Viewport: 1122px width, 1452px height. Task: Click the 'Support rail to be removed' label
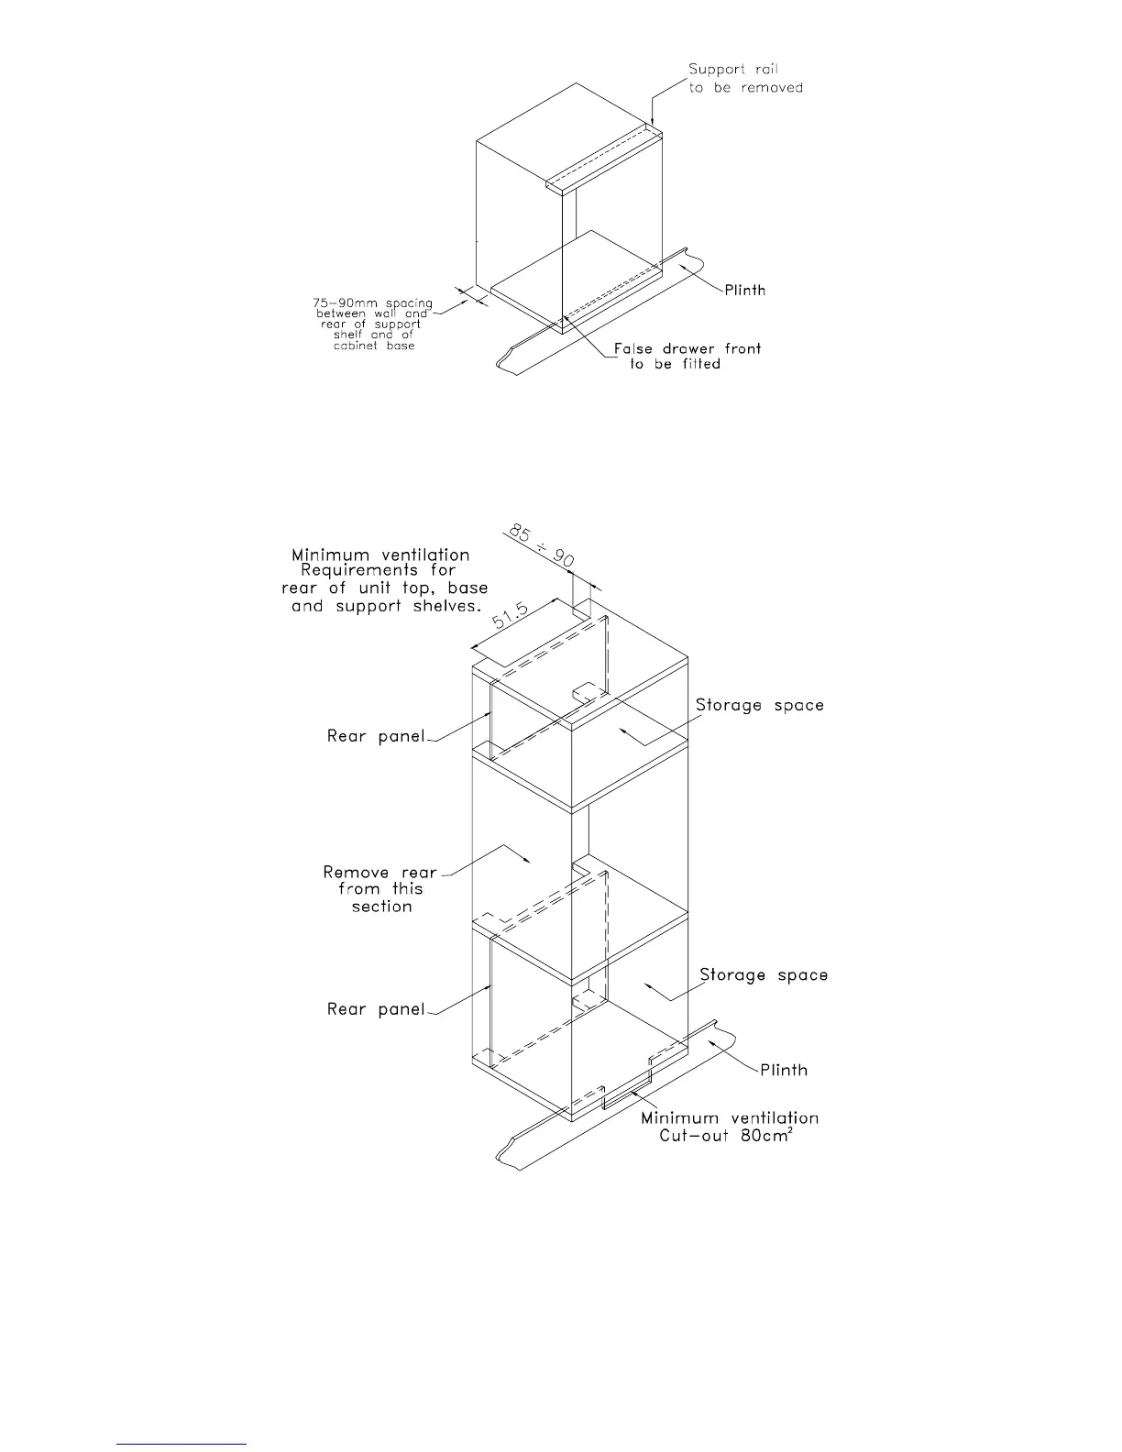click(745, 79)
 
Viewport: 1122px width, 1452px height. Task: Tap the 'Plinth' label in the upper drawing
click(745, 291)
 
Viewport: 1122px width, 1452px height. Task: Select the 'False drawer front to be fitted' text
click(687, 356)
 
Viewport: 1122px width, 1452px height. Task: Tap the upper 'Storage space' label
click(759, 705)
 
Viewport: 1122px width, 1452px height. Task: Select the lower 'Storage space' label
click(764, 974)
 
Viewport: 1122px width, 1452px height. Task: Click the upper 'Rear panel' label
click(376, 736)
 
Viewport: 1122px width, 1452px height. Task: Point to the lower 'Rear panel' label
click(376, 1009)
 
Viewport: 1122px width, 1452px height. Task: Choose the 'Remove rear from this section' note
click(380, 889)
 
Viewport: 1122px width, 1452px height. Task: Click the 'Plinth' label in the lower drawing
click(784, 1070)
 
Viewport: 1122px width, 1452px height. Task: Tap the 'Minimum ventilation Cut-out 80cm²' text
click(730, 1127)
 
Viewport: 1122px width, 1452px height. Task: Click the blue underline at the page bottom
click(181, 1444)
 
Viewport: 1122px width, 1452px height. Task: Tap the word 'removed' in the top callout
click(772, 88)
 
